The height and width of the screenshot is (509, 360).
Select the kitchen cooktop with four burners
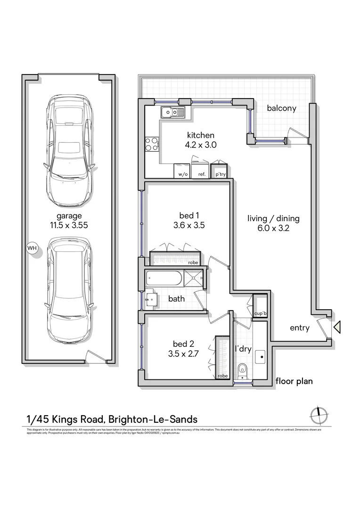point(151,143)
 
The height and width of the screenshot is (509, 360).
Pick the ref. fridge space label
point(202,174)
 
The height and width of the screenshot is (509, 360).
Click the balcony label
point(281,108)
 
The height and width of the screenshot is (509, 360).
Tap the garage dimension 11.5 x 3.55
point(69,226)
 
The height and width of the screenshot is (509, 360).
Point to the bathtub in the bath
point(164,278)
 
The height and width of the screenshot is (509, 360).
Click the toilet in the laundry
point(243,370)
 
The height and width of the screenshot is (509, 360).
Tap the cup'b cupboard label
point(260,313)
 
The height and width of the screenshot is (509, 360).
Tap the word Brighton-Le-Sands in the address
point(153,419)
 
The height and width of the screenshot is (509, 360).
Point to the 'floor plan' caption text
point(294,381)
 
